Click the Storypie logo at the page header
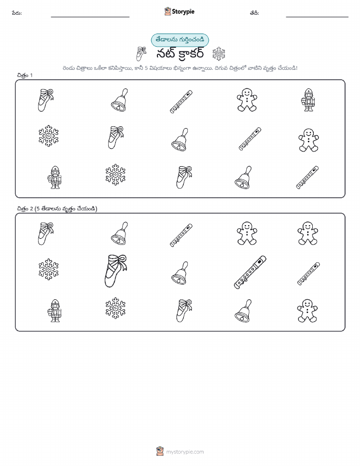coord(179,12)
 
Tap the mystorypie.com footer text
coord(185,452)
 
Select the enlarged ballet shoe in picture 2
coord(116,270)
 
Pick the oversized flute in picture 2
coord(250,272)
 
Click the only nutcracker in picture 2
coord(55,310)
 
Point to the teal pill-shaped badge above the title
coord(180,40)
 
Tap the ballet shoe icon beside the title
coord(141,54)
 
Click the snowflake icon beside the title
coord(219,54)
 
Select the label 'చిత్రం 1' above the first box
coord(25,75)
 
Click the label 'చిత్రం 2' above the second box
coord(25,209)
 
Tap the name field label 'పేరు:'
coord(17,13)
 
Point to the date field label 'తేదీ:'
coord(254,13)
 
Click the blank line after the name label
coord(90,17)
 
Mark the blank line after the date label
coord(317,17)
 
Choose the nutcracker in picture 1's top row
coord(308,100)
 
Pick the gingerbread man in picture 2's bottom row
coord(307,311)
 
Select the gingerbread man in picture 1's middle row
coord(309,140)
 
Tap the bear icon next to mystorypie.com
coord(160,451)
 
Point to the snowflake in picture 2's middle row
coord(49,269)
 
